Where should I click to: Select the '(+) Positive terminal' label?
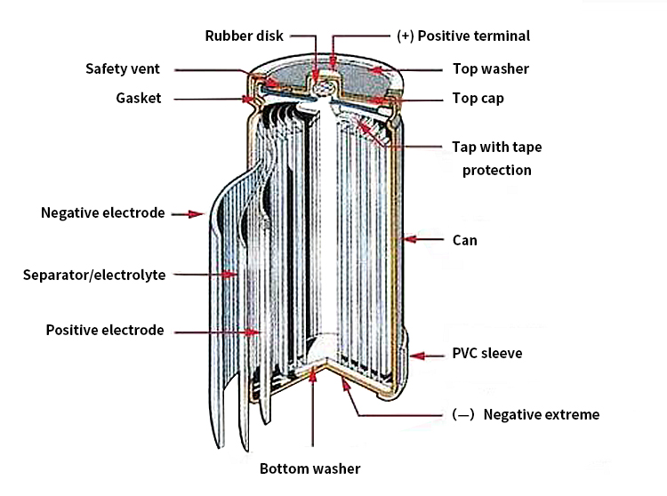tap(462, 36)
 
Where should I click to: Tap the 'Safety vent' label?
tap(123, 68)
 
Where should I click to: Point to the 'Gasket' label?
tap(138, 98)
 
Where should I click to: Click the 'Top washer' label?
tap(490, 68)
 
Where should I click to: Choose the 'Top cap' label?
tap(478, 98)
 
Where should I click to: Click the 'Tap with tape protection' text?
tap(496, 158)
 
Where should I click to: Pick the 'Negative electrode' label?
tap(102, 212)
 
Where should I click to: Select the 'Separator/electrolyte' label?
tap(94, 275)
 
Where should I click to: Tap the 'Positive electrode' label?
tap(105, 330)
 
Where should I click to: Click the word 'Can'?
tap(465, 240)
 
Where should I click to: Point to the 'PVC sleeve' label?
tap(486, 353)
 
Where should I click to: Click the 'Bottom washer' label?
tap(309, 468)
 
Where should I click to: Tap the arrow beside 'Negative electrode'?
tap(188, 213)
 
